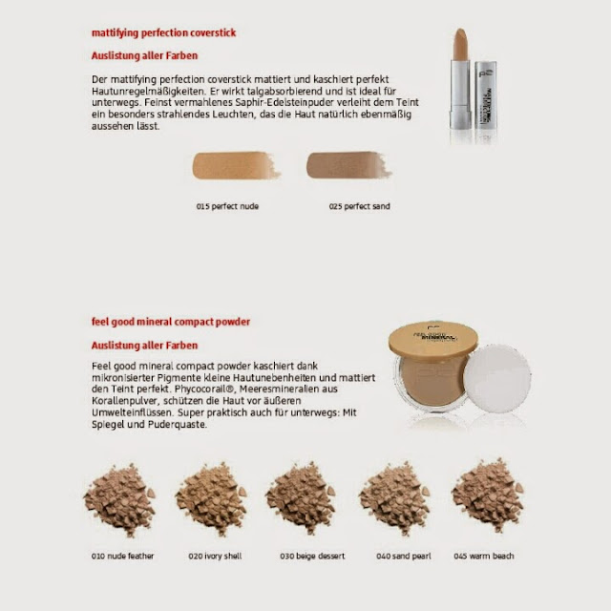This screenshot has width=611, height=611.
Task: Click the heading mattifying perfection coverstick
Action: pos(163,33)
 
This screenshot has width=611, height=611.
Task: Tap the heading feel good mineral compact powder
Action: pos(171,322)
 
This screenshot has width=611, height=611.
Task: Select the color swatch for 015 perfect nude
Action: pos(236,165)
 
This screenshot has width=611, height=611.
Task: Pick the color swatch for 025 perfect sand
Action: pos(348,165)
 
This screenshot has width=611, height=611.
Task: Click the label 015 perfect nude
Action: pos(227,206)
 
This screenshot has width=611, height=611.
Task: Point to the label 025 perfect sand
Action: pos(359,206)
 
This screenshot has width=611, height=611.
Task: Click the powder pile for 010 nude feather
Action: pos(119,499)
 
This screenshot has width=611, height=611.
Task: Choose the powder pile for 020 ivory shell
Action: pos(212,498)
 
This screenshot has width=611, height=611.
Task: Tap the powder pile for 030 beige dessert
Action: pos(301,498)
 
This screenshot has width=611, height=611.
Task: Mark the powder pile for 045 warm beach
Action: pos(488,495)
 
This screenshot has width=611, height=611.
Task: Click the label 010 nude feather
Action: pos(123,556)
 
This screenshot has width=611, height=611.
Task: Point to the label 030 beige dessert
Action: pos(312,556)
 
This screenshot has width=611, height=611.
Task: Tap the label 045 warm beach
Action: pos(484,556)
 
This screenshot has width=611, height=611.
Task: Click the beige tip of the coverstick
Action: pos(460,44)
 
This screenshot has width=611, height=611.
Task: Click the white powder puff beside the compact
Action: pos(496,379)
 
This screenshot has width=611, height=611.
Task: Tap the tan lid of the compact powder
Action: pos(432,339)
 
